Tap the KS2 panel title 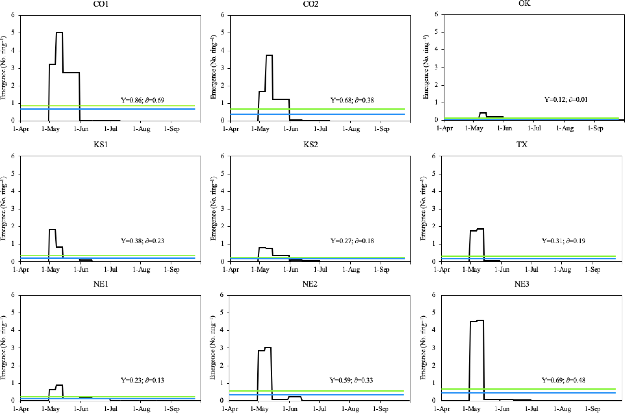311,145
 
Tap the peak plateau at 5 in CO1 59,33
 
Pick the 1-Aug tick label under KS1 141,270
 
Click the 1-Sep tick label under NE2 381,409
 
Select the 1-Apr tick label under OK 445,128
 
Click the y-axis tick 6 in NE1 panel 13,295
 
